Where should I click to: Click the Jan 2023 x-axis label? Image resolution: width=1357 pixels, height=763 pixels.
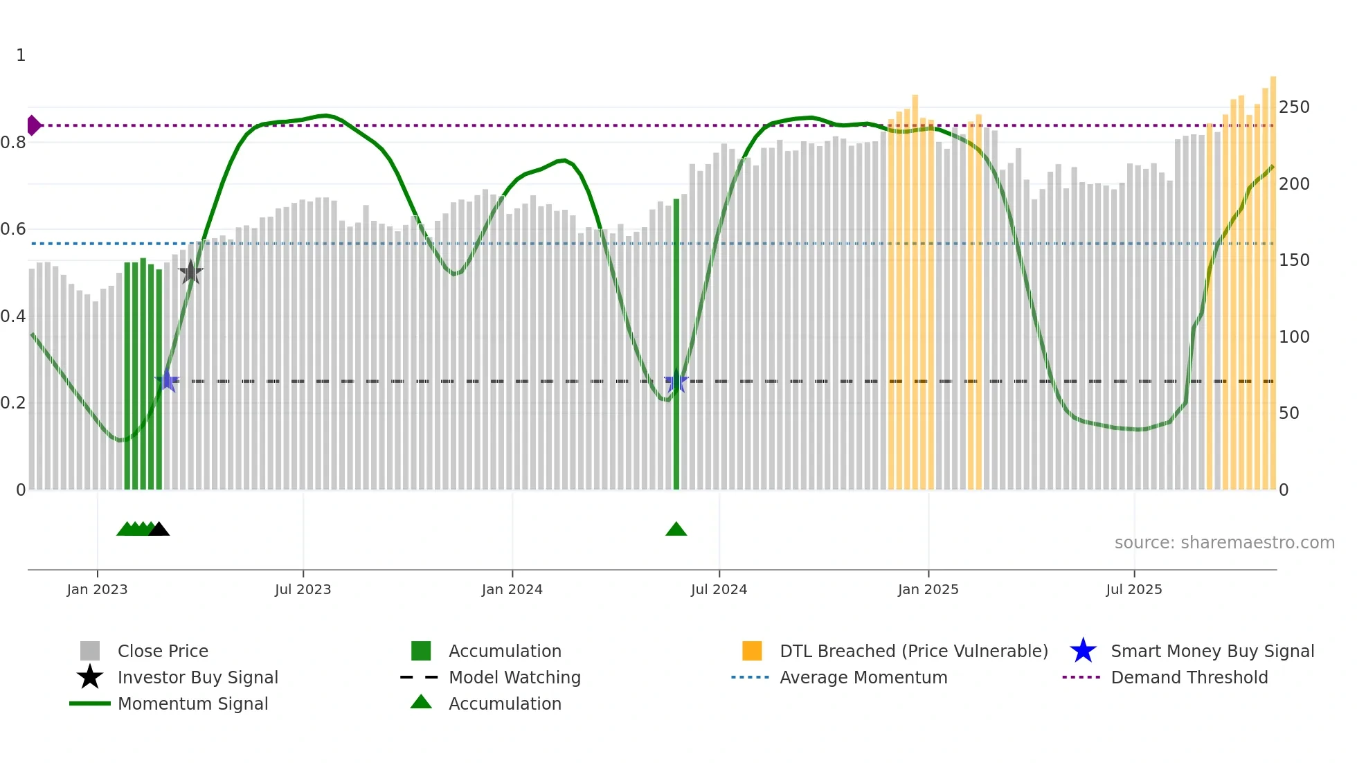(97, 589)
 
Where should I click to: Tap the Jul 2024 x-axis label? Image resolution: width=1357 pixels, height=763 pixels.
(719, 589)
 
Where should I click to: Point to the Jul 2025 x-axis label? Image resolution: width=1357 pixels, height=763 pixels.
(1133, 589)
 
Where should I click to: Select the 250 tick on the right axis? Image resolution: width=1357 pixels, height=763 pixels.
(1294, 107)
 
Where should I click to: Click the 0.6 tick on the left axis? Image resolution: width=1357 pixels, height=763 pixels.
(13, 229)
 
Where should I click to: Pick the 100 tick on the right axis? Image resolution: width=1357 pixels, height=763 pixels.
(1294, 337)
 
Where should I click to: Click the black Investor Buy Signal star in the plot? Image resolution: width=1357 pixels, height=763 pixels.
(190, 272)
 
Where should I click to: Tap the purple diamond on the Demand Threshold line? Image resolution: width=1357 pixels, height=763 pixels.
(33, 125)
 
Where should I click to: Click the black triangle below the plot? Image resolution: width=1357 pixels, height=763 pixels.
(159, 529)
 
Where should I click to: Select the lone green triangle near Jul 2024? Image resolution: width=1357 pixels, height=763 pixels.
(676, 529)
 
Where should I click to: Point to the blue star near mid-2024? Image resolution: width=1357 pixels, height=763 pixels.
(676, 381)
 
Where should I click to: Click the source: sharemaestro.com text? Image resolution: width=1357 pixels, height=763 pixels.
(1224, 543)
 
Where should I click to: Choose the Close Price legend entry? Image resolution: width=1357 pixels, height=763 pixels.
(162, 651)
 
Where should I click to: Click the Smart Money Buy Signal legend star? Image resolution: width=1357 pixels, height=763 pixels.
(1083, 651)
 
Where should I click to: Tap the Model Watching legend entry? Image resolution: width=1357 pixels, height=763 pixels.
(514, 677)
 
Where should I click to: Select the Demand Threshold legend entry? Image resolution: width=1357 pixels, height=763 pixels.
(1189, 677)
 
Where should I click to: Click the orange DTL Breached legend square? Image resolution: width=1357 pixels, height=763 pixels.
(752, 651)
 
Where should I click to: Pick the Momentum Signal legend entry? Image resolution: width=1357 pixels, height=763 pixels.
(192, 703)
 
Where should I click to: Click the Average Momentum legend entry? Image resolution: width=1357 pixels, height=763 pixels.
(863, 677)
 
